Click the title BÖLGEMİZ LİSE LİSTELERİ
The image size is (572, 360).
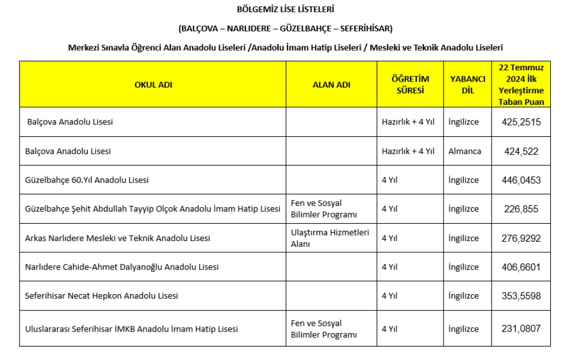pyautogui.click(x=285, y=9)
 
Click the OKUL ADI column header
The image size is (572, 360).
pyautogui.click(x=153, y=84)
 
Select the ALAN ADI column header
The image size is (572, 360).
pyautogui.click(x=331, y=84)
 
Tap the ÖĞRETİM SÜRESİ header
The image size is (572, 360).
pyautogui.click(x=410, y=84)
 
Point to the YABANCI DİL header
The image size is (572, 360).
pyautogui.click(x=468, y=84)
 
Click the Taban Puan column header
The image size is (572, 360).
pyautogui.click(x=521, y=84)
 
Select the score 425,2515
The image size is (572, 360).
pyautogui.click(x=521, y=122)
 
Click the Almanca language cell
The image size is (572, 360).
pyautogui.click(x=464, y=151)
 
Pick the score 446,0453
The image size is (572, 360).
pyautogui.click(x=521, y=180)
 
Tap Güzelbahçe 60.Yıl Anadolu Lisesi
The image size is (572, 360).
pyautogui.click(x=87, y=180)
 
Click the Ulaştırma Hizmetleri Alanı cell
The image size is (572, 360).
pyautogui.click(x=330, y=238)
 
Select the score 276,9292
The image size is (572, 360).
pyautogui.click(x=521, y=238)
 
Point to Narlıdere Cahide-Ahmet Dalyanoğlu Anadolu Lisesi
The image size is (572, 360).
pyautogui.click(x=122, y=267)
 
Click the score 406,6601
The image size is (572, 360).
pyautogui.click(x=521, y=267)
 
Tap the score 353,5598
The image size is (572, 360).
pyautogui.click(x=521, y=296)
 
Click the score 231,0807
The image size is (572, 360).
pyautogui.click(x=521, y=329)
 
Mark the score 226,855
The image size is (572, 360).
pyautogui.click(x=521, y=209)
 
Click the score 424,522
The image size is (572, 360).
pyautogui.click(x=521, y=151)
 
